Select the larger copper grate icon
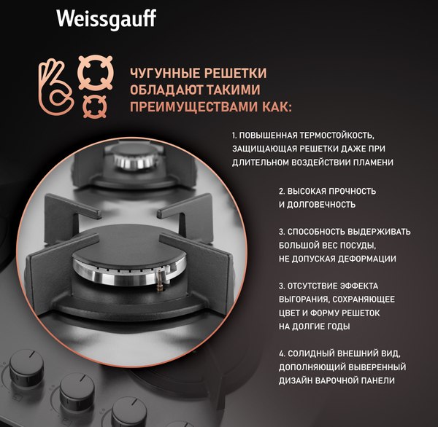96,71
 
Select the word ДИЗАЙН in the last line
296,381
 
